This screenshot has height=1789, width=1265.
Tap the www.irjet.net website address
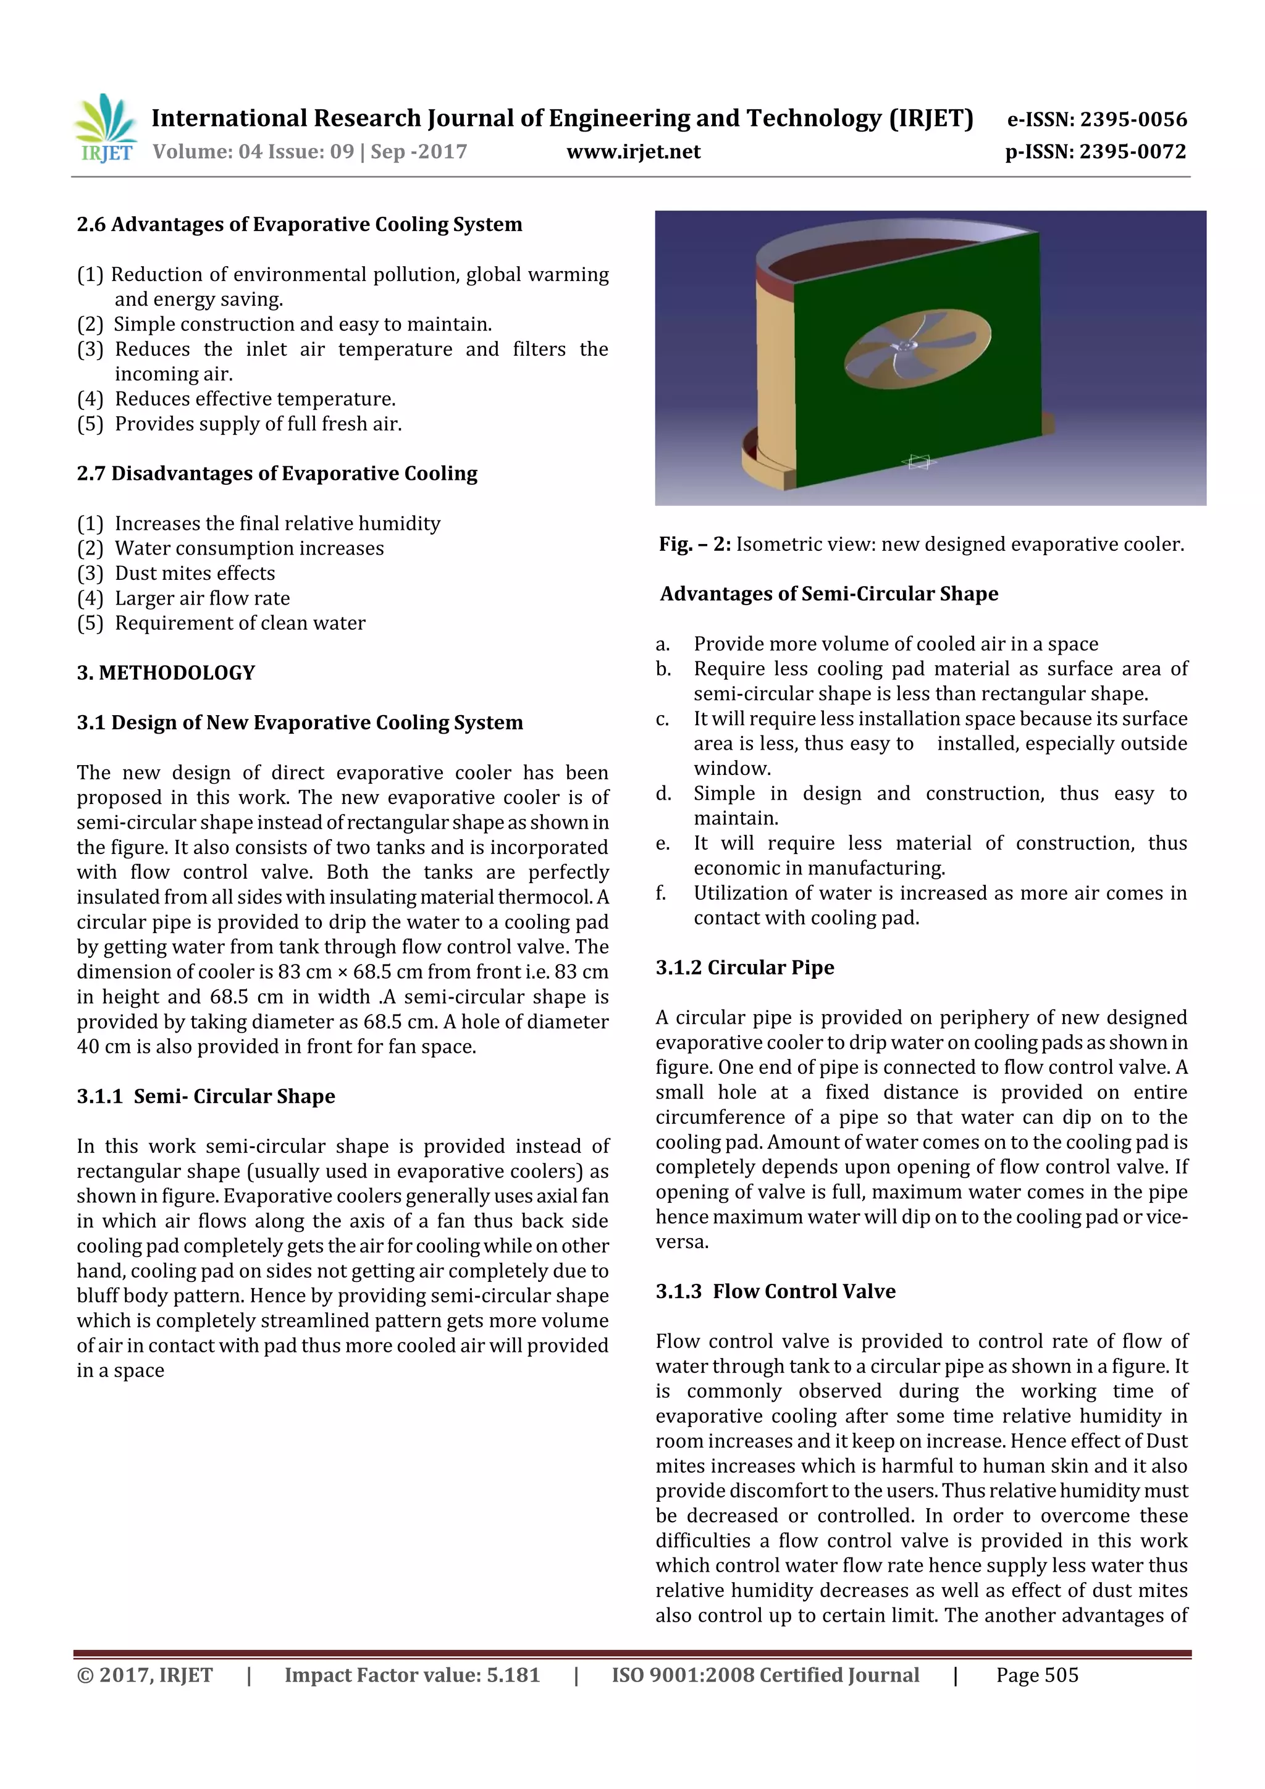(633, 151)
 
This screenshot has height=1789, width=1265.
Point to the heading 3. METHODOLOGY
(166, 672)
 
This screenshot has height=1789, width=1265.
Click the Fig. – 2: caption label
(694, 544)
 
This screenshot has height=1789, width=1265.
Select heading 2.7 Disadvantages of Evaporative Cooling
(277, 473)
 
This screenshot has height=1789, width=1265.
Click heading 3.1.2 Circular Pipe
(744, 967)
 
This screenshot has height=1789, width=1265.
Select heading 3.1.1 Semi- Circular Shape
(206, 1096)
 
